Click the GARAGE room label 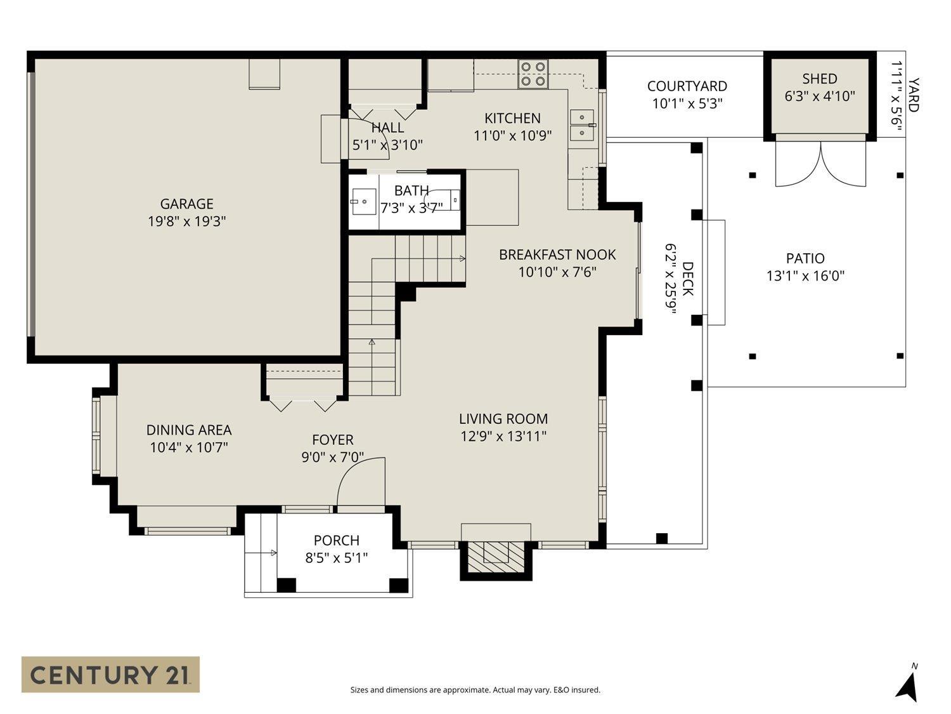coord(186,204)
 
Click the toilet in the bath coord(448,199)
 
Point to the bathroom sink coord(363,202)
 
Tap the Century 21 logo coord(110,674)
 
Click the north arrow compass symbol coord(908,685)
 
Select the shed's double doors coord(820,164)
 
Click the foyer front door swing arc coord(360,480)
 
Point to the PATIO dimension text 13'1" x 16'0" coord(805,276)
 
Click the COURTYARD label coord(687,86)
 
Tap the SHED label coord(819,79)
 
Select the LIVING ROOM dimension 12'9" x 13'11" coord(503,437)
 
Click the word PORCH coord(336,540)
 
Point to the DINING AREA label coord(189,430)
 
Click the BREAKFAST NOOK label coord(557,255)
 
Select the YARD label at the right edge coord(912,95)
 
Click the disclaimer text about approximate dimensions coord(475,690)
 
